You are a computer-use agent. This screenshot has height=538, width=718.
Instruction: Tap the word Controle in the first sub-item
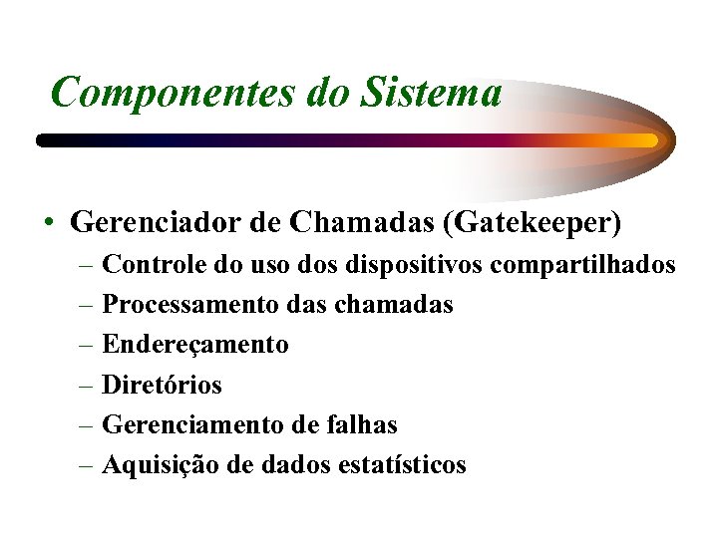tap(156, 265)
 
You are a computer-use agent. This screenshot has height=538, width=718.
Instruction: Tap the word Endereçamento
tap(195, 346)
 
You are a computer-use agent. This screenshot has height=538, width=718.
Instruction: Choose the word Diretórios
tap(163, 385)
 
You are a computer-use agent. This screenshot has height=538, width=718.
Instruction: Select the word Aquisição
tap(160, 465)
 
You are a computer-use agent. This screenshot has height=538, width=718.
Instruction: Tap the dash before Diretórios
tap(87, 385)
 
